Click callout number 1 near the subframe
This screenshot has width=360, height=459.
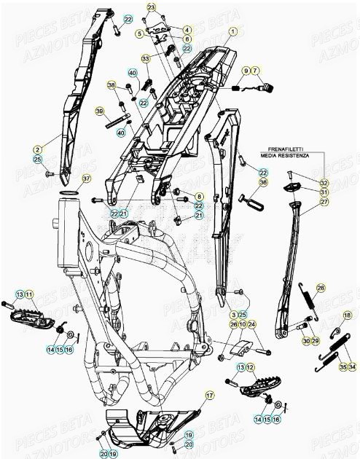233,31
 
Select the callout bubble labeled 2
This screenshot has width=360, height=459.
37,149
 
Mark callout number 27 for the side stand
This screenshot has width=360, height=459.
324,202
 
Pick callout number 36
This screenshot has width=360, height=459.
263,182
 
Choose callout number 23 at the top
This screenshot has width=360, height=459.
151,7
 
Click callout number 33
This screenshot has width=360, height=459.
146,58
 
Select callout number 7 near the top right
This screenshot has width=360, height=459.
256,70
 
